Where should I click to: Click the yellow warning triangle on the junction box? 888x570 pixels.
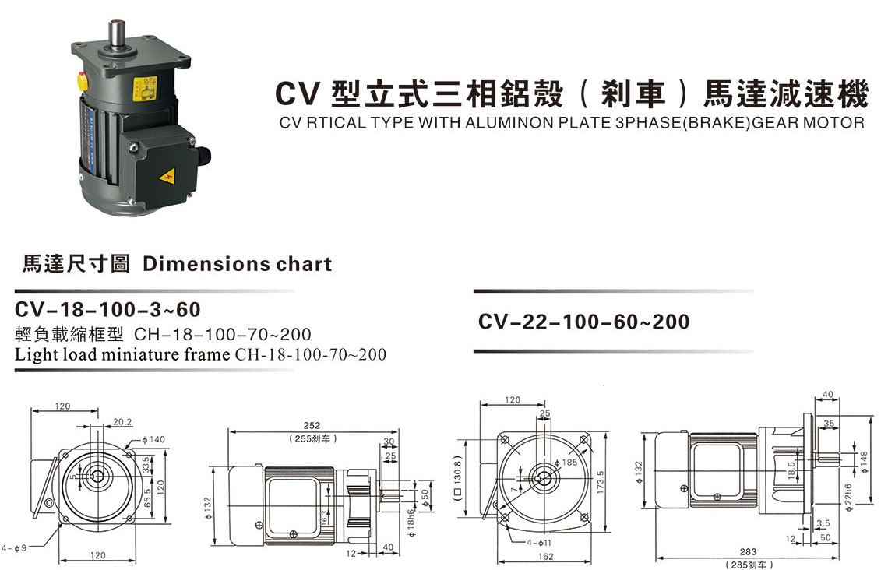pyautogui.click(x=167, y=178)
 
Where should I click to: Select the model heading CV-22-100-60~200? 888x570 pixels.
pyautogui.click(x=584, y=322)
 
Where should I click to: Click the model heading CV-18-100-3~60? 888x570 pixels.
pyautogui.click(x=107, y=310)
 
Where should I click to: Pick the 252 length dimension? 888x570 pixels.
pyautogui.click(x=312, y=425)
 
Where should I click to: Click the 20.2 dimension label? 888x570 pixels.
pyautogui.click(x=122, y=422)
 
